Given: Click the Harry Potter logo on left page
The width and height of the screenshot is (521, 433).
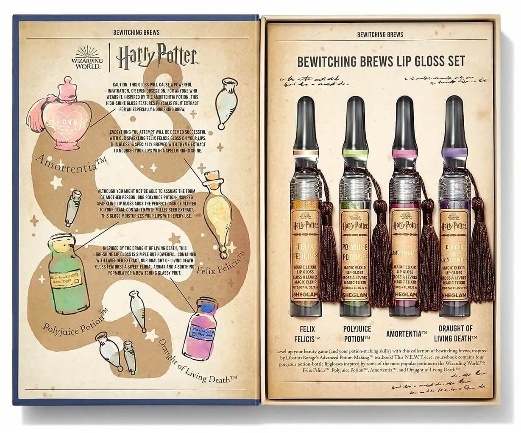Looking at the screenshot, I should (156, 57).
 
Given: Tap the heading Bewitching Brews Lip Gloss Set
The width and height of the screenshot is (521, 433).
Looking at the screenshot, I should (381, 61).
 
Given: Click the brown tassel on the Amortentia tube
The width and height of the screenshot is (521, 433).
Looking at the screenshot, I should (430, 254).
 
